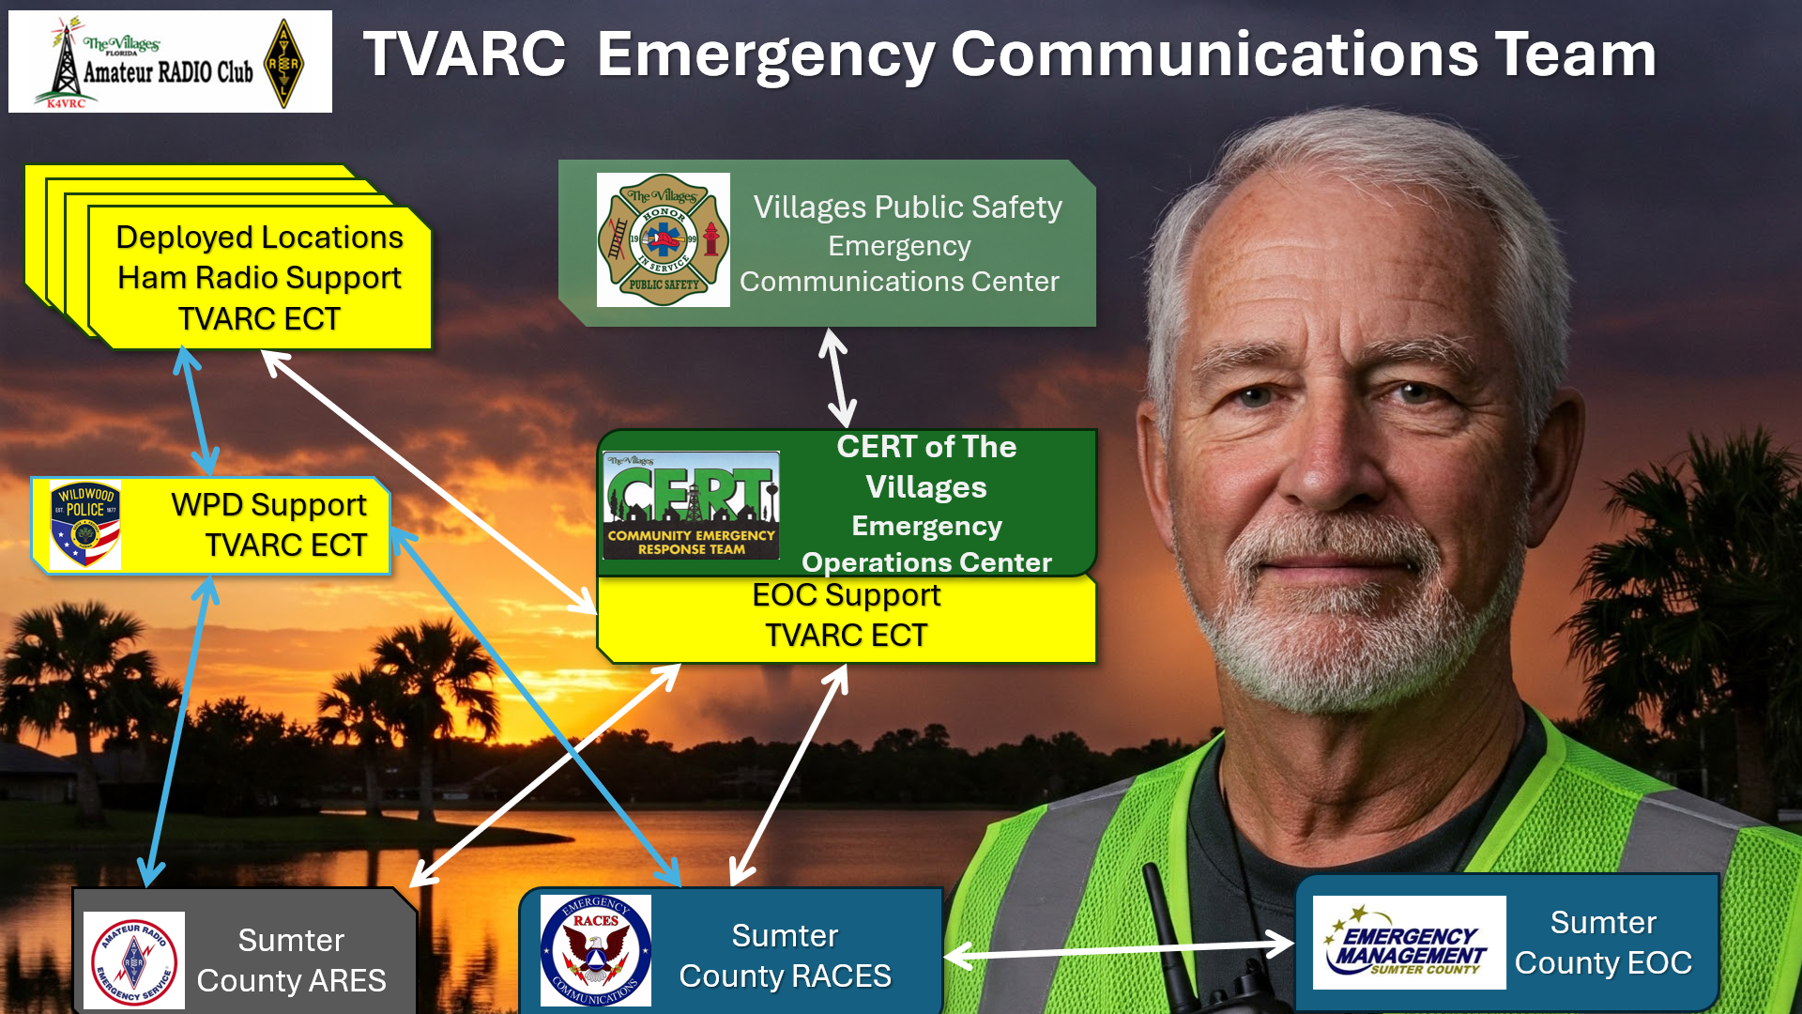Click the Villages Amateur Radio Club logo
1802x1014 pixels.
170,62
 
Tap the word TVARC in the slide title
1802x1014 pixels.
465,54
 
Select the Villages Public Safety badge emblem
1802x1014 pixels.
664,240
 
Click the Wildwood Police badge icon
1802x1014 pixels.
85,526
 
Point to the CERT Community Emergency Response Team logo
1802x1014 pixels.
692,505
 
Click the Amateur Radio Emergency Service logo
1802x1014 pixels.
134,960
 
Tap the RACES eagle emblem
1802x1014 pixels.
596,950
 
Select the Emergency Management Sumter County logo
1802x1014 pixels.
1409,943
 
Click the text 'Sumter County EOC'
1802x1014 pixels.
1603,943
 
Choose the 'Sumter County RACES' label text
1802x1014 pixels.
785,956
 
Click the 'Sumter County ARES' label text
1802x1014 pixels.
291,960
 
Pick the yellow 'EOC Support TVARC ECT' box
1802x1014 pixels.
847,620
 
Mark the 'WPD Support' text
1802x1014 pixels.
268,505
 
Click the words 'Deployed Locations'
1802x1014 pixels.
259,238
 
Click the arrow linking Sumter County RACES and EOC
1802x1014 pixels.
1119,948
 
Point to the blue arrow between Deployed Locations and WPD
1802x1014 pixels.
196,411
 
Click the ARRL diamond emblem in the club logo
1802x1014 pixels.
283,63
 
